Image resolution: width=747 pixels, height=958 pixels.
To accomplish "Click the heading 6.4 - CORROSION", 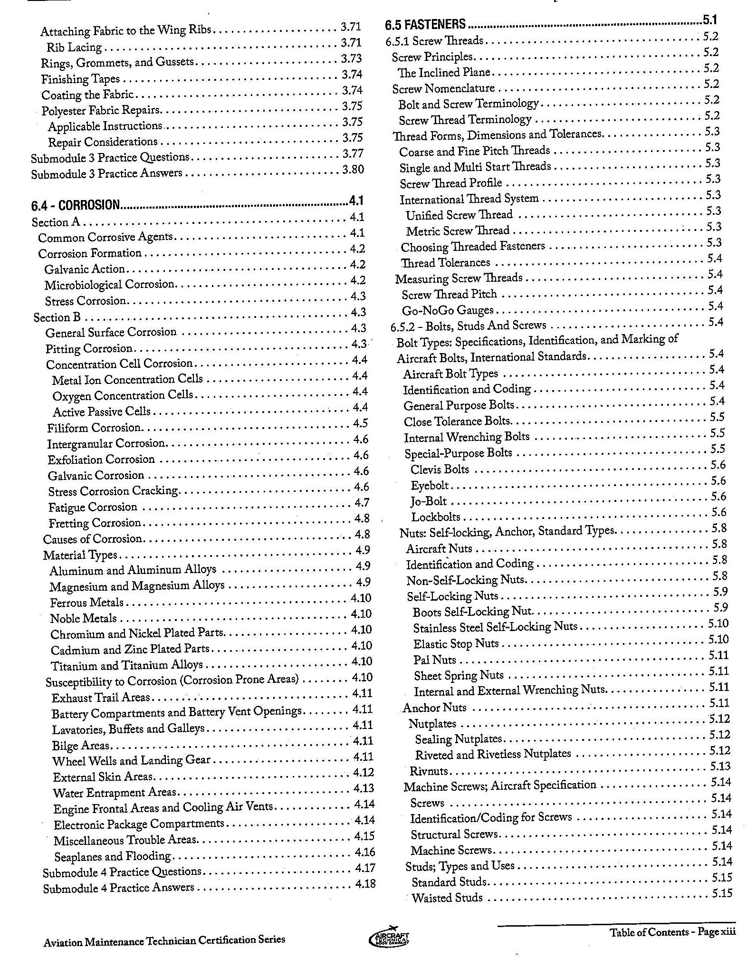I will click(76, 205).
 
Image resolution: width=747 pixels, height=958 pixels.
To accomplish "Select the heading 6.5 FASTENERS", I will click(425, 24).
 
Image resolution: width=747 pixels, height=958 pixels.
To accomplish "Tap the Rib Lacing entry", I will click(74, 48).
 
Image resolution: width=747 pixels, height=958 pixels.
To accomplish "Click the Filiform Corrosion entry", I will click(94, 428).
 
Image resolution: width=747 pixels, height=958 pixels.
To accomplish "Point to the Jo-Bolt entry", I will click(429, 501).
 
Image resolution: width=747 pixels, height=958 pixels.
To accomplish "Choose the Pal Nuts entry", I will click(434, 660).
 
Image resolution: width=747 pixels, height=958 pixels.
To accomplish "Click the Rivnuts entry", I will click(429, 771).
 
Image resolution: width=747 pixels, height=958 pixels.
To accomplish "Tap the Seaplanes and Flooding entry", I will click(112, 856).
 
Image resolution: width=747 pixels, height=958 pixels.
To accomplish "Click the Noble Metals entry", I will click(84, 618).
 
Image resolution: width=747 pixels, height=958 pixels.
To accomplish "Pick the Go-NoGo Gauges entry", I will click(448, 311).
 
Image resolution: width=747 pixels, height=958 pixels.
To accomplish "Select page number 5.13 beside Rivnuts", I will click(720, 766).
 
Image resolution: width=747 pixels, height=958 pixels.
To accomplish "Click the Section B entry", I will click(57, 317).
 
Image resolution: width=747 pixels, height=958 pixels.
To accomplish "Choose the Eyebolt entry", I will click(430, 485).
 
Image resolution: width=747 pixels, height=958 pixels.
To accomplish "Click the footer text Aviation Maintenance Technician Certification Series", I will click(164, 939).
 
